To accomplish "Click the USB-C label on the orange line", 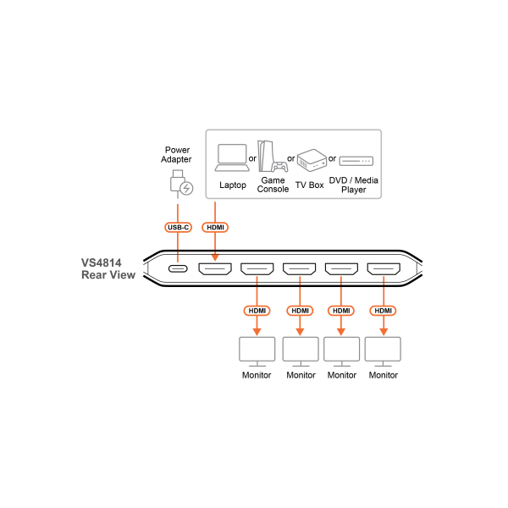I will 178,227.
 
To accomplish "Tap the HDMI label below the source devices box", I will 215,227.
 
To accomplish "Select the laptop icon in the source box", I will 232,157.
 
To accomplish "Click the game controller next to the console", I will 280,167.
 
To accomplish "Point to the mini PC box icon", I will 312,160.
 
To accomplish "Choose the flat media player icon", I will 356,161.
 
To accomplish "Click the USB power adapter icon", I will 178,182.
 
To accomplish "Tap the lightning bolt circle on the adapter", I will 186,188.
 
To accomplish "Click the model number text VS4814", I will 102,262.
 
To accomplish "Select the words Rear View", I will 108,275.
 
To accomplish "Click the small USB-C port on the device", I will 178,268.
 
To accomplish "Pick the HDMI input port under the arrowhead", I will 215,269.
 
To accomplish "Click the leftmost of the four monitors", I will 257,351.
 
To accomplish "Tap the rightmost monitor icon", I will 383,351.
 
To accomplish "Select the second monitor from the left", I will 301,351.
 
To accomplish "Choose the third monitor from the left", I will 341,351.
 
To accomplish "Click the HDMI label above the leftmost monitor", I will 257,311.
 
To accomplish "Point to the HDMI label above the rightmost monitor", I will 383,311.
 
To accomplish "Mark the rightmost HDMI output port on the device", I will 384,269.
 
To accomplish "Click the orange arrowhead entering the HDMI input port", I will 215,257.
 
